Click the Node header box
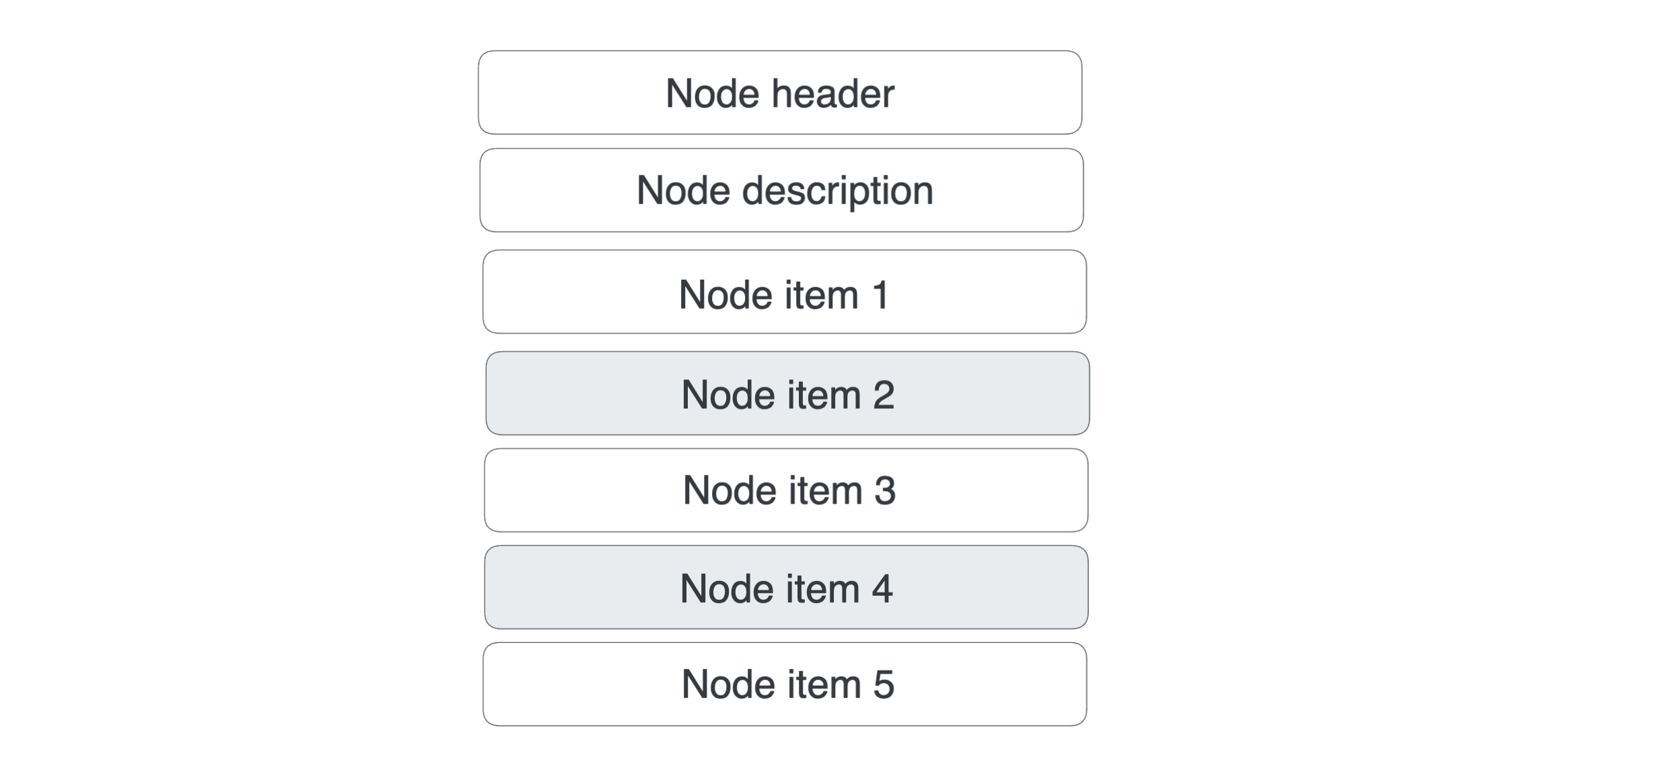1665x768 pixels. [780, 92]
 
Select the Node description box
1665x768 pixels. [781, 190]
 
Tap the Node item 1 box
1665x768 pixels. [785, 292]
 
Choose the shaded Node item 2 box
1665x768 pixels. [787, 393]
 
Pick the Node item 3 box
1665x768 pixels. [786, 490]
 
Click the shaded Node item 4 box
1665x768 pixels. [786, 587]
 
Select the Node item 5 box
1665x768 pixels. [785, 684]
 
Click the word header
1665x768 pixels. [833, 93]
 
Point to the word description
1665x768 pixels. [838, 191]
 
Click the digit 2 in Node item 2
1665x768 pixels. [884, 395]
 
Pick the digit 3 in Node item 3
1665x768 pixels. [885, 490]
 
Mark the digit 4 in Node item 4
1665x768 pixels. [882, 589]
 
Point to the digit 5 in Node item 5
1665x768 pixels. [884, 685]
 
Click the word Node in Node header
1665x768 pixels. [713, 93]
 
